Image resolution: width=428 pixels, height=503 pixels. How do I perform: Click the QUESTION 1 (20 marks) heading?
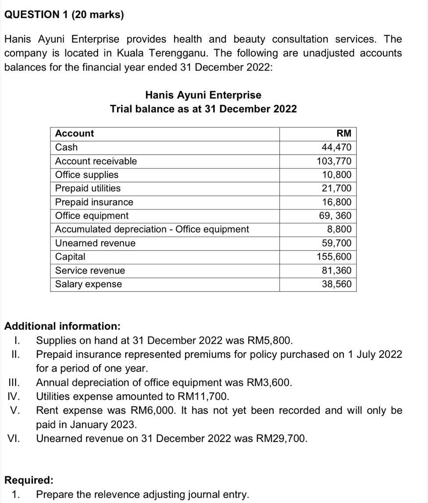point(64,15)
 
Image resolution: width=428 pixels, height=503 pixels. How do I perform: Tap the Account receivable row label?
point(96,161)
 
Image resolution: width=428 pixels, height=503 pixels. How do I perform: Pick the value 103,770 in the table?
point(334,161)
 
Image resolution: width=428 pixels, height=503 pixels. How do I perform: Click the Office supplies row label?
point(87,175)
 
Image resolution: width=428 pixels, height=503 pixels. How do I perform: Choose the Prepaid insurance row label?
point(94,202)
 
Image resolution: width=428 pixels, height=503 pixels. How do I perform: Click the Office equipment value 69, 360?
point(335,216)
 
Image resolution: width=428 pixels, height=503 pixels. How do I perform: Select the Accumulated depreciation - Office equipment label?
point(152,229)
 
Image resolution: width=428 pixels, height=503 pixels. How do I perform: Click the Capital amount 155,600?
point(334,257)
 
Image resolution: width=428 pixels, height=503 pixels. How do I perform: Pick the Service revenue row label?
point(90,271)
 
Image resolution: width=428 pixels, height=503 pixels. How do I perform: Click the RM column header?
point(343,133)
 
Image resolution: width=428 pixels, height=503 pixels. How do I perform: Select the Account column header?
point(75,133)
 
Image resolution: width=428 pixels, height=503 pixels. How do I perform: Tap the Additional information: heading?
point(62,326)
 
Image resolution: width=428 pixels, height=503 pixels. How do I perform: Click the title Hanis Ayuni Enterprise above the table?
point(203,95)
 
